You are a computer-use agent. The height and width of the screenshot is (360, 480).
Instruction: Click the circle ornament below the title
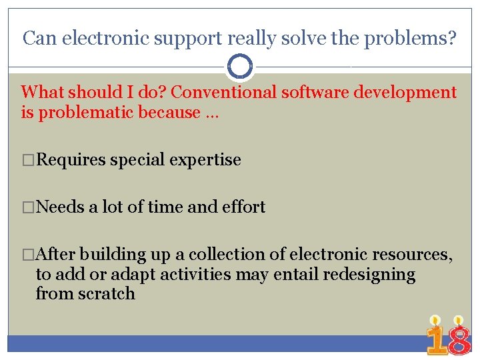[240, 67]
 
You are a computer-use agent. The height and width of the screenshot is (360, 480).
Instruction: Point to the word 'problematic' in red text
[87, 113]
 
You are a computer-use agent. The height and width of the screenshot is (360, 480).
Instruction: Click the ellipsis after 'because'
[212, 113]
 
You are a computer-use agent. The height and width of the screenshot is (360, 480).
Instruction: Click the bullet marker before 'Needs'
[28, 207]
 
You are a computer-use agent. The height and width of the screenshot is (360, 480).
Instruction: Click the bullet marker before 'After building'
[28, 255]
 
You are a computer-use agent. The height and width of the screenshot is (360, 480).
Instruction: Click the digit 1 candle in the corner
[436, 337]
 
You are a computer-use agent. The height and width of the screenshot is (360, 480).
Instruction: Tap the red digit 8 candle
[459, 337]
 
